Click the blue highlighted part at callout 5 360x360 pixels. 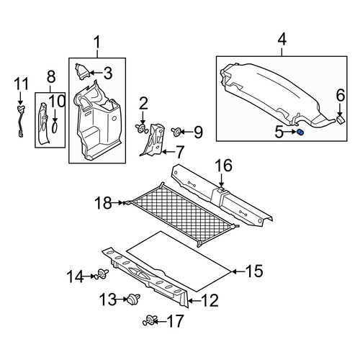point(300,132)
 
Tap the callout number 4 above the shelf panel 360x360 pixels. point(282,40)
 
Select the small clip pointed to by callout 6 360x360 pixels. point(340,120)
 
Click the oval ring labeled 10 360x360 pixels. point(55,127)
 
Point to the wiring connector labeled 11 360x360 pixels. point(21,120)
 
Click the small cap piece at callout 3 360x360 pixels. point(82,71)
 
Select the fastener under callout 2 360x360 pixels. point(142,127)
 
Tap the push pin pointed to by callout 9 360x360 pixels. point(176,132)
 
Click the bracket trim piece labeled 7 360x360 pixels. point(153,140)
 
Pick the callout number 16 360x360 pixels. point(223,166)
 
